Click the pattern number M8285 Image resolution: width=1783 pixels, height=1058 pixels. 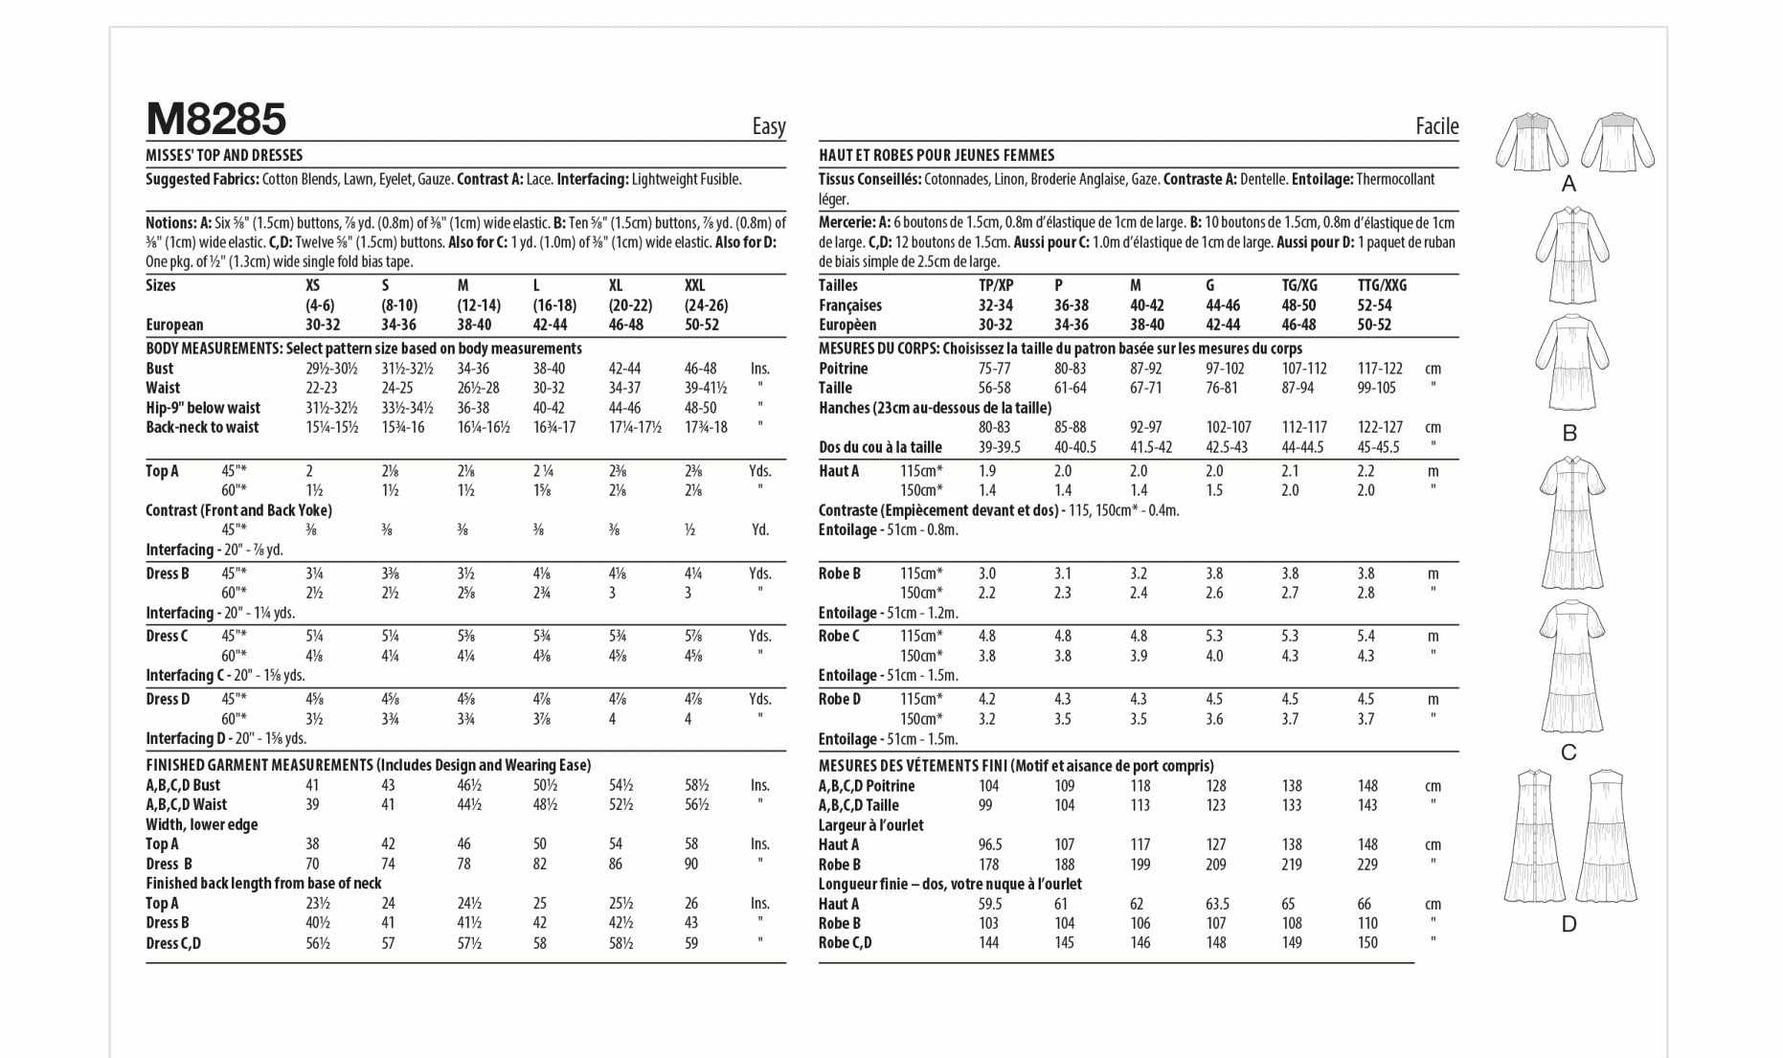coord(215,120)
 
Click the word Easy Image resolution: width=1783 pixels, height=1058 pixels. coord(768,126)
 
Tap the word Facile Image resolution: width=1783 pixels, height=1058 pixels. coord(1436,126)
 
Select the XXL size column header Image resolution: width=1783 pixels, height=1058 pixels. coord(694,285)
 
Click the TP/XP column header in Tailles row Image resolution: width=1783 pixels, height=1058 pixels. coord(995,285)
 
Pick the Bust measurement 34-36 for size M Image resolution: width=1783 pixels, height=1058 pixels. coord(473,369)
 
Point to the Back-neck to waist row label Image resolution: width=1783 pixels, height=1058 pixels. coord(202,427)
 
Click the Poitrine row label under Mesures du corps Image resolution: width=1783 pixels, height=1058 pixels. coord(843,369)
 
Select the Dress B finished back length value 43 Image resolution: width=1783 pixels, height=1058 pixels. coord(691,923)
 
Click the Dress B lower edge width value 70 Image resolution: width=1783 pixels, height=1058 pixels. coord(312,864)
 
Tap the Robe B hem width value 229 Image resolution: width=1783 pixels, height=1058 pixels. coord(1367,865)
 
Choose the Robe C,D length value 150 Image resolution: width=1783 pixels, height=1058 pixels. coord(1367,943)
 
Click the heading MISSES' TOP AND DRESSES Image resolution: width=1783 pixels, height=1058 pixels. coord(224,155)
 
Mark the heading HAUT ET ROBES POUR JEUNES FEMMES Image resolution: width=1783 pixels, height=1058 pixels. coord(936,155)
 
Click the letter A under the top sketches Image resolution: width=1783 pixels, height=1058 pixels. coord(1569,184)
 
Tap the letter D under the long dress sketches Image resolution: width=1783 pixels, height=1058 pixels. coord(1569,925)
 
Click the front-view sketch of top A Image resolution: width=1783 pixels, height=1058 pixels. coord(1532,142)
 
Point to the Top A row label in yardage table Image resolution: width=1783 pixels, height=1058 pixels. coord(162,471)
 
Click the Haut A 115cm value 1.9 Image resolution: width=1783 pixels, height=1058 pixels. coord(987,471)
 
